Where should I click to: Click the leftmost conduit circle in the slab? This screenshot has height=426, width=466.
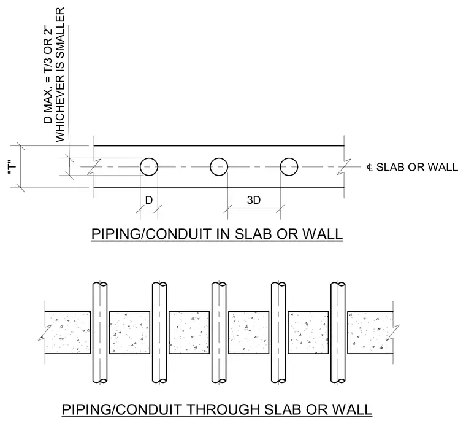click(140, 167)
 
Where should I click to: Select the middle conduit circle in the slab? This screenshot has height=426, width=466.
click(210, 167)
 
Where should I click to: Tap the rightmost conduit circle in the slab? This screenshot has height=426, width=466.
click(280, 167)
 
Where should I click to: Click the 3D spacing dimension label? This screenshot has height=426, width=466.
click(254, 200)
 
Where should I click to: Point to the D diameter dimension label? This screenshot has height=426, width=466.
click(149, 200)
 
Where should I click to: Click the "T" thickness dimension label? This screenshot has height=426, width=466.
click(12, 169)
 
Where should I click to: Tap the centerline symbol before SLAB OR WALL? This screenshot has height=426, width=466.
click(370, 168)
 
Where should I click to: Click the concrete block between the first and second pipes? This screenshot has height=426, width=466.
click(129, 333)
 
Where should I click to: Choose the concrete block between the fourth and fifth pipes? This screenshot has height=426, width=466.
click(308, 333)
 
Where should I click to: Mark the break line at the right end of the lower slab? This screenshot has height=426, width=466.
click(393, 333)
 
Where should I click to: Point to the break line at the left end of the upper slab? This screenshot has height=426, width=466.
click(94, 167)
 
